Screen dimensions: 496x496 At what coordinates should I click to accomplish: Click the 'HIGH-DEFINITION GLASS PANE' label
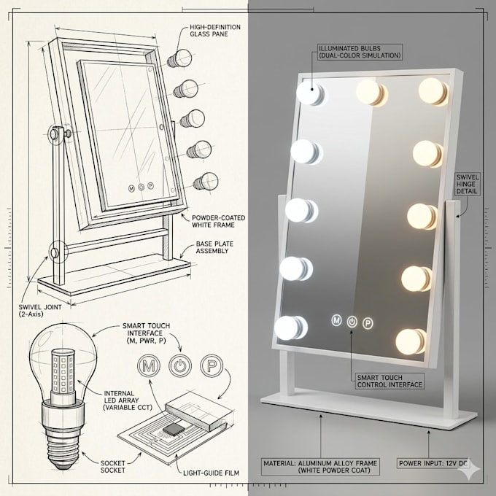215,31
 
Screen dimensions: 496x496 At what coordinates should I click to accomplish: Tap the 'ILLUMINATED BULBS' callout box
360,53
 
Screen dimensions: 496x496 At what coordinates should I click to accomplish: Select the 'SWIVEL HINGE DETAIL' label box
468,184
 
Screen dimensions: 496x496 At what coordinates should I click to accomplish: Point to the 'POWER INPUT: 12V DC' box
433,463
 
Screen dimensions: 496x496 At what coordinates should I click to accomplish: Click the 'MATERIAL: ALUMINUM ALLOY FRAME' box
320,467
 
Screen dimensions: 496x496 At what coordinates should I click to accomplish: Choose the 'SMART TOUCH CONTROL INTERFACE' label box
390,381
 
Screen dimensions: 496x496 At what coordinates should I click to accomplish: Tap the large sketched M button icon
149,366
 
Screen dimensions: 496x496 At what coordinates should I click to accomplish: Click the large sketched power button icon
180,366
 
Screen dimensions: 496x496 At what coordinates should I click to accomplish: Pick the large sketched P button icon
212,366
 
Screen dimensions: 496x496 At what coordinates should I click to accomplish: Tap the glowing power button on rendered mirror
352,322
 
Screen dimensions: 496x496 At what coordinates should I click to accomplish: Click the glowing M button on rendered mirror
336,320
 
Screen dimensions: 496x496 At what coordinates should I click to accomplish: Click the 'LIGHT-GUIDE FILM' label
211,473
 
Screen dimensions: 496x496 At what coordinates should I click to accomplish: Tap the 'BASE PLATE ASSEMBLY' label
214,247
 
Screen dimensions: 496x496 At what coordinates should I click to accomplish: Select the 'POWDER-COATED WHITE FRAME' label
219,222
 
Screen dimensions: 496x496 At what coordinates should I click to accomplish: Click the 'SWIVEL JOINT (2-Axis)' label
40,310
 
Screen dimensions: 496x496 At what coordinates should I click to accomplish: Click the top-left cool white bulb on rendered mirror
310,93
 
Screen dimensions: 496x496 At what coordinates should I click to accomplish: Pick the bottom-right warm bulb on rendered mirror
411,341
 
